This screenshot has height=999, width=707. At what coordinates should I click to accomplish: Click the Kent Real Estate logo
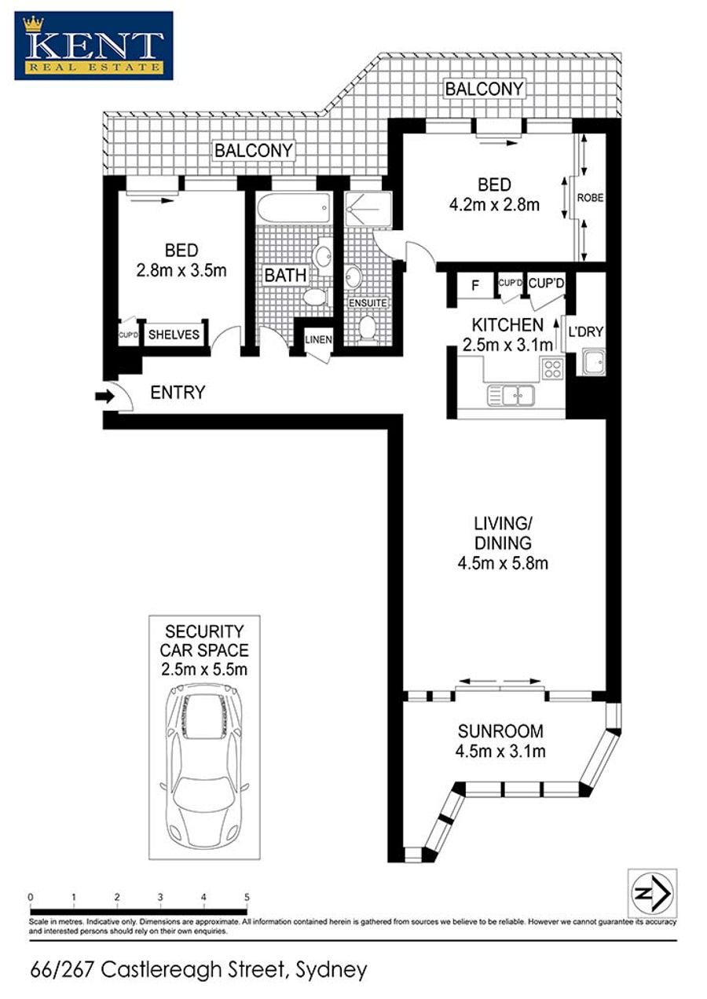pos(93,46)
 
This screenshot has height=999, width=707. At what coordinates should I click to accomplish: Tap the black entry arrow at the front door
pos(105,396)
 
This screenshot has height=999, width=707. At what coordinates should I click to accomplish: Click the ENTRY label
pos(178,393)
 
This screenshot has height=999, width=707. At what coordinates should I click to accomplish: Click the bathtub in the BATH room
pos(295,209)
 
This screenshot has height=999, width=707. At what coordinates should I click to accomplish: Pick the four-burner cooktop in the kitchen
pos(552,368)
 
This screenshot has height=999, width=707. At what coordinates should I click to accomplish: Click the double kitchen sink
pos(511,396)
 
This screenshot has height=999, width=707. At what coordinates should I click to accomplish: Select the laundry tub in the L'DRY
pos(593,362)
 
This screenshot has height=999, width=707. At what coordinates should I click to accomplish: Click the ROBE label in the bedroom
pos(590,197)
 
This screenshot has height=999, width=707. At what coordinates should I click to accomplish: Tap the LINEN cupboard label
pos(318,339)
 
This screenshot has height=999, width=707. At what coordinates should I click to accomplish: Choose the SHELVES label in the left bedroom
pos(174,335)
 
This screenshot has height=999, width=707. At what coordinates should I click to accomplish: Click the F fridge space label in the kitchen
pos(475,284)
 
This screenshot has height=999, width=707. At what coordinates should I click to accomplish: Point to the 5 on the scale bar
pos(247,898)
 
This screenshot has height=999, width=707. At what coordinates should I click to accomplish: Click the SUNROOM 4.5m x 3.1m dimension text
pos(500,752)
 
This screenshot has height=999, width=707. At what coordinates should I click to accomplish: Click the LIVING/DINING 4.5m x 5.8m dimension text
pos(503,563)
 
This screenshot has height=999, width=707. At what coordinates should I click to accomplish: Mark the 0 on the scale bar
pos(31,898)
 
